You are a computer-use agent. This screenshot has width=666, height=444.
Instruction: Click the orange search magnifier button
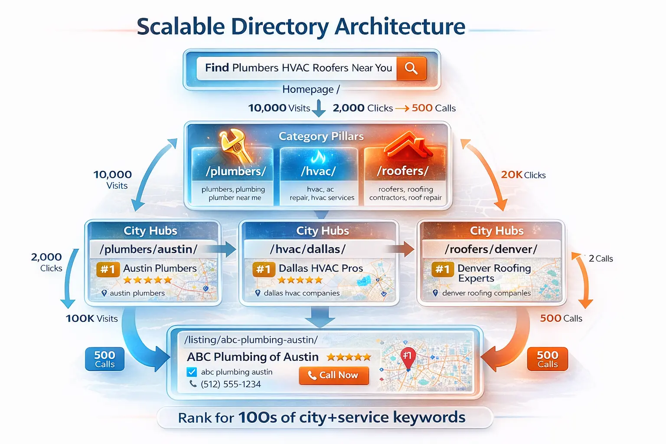[x=411, y=68]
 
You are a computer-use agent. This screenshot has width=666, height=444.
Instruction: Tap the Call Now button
[x=334, y=375]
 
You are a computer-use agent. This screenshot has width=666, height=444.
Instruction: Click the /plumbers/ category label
[x=235, y=171]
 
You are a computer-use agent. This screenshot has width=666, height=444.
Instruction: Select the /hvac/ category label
[x=318, y=171]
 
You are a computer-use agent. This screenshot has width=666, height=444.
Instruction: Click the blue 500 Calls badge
[x=105, y=359]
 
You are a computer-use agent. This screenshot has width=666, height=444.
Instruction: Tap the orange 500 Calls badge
[x=547, y=359]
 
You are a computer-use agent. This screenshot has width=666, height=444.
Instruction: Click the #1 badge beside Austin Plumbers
[x=108, y=269]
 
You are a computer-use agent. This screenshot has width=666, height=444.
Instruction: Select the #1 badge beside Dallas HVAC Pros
[x=264, y=269]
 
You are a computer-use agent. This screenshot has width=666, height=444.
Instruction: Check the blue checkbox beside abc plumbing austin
[x=192, y=372]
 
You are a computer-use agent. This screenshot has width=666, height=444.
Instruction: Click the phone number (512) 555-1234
[x=230, y=384]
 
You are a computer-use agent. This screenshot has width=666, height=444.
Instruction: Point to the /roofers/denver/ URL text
[x=491, y=249]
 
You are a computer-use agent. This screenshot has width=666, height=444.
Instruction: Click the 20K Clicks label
[x=523, y=175]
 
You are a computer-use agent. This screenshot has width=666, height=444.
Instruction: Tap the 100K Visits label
[x=91, y=319]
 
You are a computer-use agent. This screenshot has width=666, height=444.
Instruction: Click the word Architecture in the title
[x=400, y=26]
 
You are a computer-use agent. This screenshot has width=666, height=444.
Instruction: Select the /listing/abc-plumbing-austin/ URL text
[x=251, y=340]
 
